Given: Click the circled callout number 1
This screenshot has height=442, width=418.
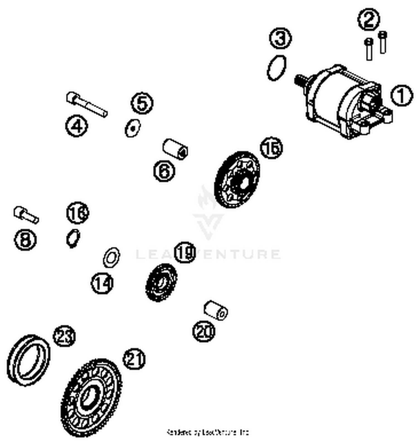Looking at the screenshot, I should pyautogui.click(x=402, y=96).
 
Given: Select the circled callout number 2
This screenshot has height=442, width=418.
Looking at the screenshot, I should pyautogui.click(x=368, y=20).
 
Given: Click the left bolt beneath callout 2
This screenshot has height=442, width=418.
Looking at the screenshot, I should pyautogui.click(x=369, y=49).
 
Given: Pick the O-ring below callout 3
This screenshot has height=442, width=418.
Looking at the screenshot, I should pyautogui.click(x=276, y=68).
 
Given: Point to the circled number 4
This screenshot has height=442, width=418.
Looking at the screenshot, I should pyautogui.click(x=77, y=126).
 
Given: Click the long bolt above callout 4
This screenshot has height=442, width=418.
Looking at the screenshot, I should pyautogui.click(x=87, y=105).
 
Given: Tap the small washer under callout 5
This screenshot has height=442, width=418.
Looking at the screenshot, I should pyautogui.click(x=132, y=128).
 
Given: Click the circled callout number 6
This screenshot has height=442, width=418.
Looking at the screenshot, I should pyautogui.click(x=164, y=171).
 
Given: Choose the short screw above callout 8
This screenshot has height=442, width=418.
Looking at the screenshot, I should pyautogui.click(x=26, y=215).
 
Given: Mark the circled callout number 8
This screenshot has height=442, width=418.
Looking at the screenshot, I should pyautogui.click(x=25, y=240).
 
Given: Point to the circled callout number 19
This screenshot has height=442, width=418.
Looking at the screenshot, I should pyautogui.click(x=185, y=252).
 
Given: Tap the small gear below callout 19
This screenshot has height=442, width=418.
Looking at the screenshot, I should pyautogui.click(x=161, y=282).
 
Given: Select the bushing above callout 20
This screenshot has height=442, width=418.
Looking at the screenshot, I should pyautogui.click(x=216, y=310).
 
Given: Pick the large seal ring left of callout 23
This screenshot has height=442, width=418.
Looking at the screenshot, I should pyautogui.click(x=28, y=360).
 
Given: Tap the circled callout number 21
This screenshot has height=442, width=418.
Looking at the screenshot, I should pyautogui.click(x=134, y=359).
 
